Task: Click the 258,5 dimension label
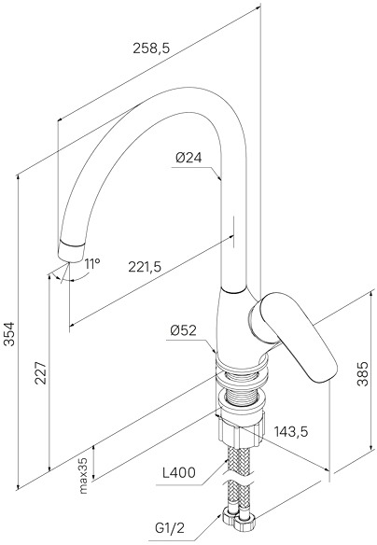[x=151, y=49]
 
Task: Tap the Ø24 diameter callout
[x=188, y=158]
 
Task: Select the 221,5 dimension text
[x=145, y=267]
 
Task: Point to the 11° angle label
[x=92, y=264]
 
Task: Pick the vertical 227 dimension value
[x=41, y=372]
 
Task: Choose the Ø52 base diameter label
[x=184, y=330]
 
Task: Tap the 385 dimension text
[x=362, y=374]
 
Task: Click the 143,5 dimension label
[x=291, y=431]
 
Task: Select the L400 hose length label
[x=179, y=472]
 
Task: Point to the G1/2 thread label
[x=170, y=528]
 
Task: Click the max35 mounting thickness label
[x=83, y=475]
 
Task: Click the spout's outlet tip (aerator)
[x=71, y=250]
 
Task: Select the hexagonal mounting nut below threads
[x=243, y=431]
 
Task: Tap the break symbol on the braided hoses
[x=238, y=479]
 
